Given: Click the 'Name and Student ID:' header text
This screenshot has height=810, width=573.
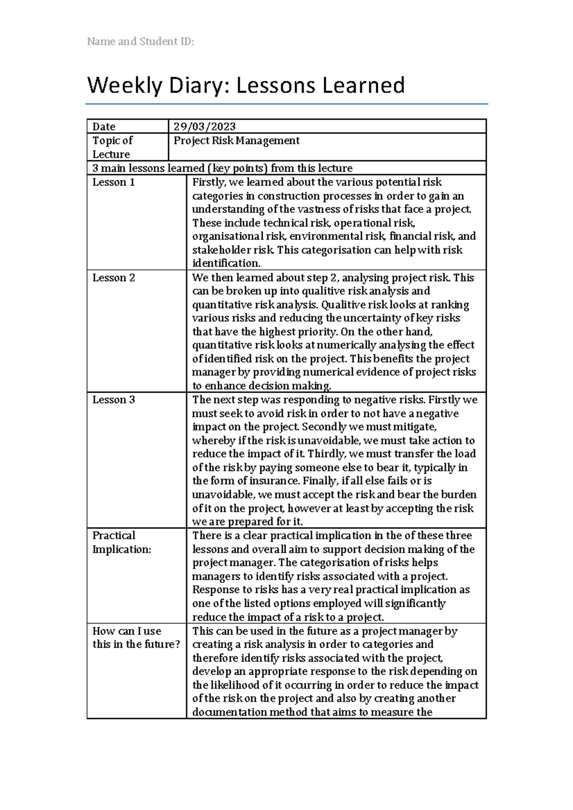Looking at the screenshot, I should [140, 42].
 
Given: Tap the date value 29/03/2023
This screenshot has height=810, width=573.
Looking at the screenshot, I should [204, 126].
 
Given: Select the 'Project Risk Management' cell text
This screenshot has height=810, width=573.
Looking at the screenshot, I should [236, 140].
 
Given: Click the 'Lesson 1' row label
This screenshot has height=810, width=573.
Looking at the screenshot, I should [114, 182].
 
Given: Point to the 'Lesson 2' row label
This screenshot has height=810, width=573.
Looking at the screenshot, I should [114, 278].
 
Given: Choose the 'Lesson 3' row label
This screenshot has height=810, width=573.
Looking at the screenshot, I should [114, 400].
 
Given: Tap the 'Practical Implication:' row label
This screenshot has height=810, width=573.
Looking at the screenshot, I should [121, 542].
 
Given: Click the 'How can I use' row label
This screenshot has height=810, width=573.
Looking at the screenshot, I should [127, 631].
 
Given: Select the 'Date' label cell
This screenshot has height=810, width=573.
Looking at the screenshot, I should [104, 126].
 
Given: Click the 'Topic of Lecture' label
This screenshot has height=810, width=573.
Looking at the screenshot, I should [112, 147].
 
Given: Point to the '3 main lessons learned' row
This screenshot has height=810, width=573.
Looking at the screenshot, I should [223, 168].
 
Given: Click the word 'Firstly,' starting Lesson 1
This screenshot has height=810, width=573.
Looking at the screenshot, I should [209, 182].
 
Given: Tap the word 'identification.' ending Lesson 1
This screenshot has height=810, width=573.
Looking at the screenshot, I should [226, 263].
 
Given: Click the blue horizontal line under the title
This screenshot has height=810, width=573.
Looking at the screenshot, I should [286, 104].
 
